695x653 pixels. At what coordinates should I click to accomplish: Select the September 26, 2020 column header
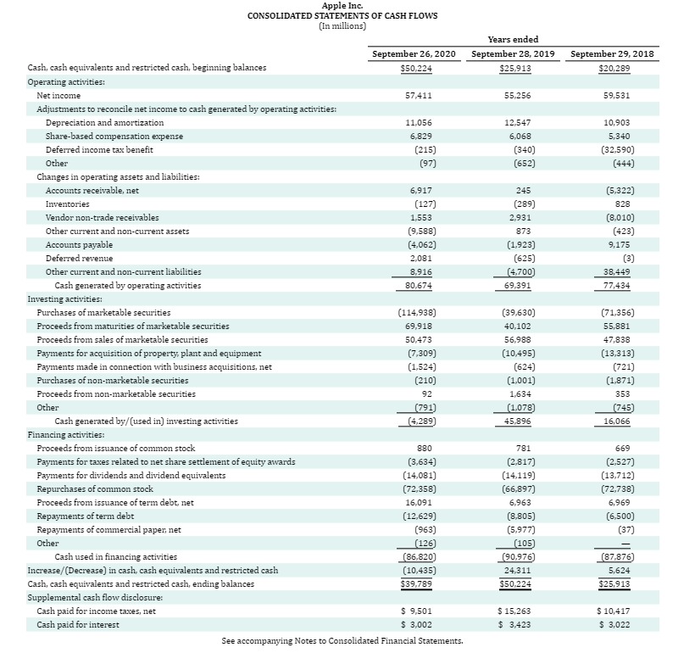(414, 53)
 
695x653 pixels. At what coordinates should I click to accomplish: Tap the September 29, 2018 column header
(612, 53)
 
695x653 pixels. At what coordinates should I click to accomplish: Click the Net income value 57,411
(420, 96)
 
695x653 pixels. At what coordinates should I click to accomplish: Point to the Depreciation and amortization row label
(104, 123)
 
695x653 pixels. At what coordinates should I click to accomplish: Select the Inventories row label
(67, 204)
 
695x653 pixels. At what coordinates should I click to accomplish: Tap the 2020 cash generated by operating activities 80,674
(420, 286)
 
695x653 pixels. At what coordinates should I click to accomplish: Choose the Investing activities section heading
(64, 299)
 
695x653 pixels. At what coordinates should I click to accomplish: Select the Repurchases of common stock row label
(95, 489)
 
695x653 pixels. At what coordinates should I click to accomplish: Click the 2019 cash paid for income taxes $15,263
(514, 611)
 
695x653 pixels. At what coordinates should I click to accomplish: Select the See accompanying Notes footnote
(342, 641)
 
